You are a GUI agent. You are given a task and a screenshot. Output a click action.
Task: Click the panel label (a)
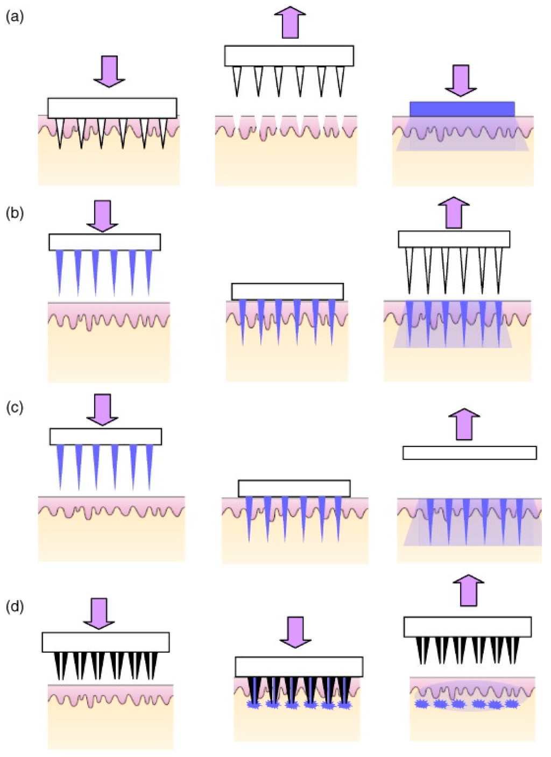coord(15,17)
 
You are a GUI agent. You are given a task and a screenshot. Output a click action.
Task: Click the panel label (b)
coord(15,213)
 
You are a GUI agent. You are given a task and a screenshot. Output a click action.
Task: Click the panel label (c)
coord(15,407)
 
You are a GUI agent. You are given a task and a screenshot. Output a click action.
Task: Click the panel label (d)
coord(15,607)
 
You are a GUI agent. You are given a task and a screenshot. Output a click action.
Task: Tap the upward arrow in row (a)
coord(290,22)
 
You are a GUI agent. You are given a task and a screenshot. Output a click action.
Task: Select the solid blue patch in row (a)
coord(462,109)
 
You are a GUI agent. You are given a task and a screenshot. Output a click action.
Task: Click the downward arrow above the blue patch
coord(461,80)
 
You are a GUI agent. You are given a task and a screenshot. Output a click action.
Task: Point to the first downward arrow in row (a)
coord(109,70)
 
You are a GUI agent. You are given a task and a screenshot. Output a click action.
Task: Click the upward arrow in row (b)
coord(454,212)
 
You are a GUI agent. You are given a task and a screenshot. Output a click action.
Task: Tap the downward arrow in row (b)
coord(102,216)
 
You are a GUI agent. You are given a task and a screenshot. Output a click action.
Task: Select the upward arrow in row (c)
coord(464,424)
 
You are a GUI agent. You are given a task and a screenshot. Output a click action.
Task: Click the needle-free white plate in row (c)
coord(469,452)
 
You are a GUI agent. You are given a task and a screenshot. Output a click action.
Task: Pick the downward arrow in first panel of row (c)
coord(102,409)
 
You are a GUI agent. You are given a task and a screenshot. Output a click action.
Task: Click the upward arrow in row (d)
coord(468,590)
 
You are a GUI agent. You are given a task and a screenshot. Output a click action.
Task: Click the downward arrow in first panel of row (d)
coord(99,613)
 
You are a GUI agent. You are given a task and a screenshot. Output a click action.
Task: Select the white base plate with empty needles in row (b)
coord(454,239)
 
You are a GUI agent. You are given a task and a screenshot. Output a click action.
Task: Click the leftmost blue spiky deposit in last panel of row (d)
coord(421,704)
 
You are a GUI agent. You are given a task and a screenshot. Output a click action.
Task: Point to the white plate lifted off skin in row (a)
coord(289,56)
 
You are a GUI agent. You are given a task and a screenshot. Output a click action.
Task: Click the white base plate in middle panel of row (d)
coord(299,667)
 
